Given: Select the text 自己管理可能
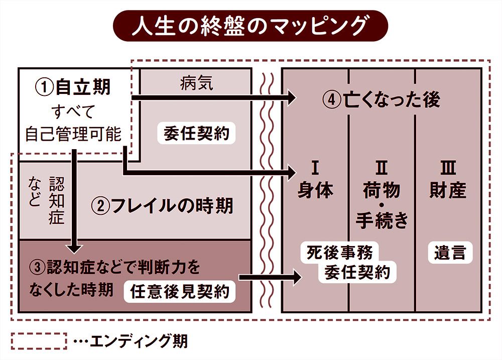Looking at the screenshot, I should (x=73, y=134).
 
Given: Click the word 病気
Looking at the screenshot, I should (x=196, y=84).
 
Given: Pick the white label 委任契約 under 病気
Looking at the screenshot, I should (x=196, y=134).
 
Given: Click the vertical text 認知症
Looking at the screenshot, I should (x=57, y=200).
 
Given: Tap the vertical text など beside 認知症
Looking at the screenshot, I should (x=35, y=192).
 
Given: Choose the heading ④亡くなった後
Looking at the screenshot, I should (x=381, y=100).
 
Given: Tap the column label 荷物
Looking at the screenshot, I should (x=382, y=190).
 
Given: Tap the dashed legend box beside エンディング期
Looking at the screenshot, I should (x=39, y=341).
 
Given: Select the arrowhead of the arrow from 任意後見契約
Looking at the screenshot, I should (x=296, y=277).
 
